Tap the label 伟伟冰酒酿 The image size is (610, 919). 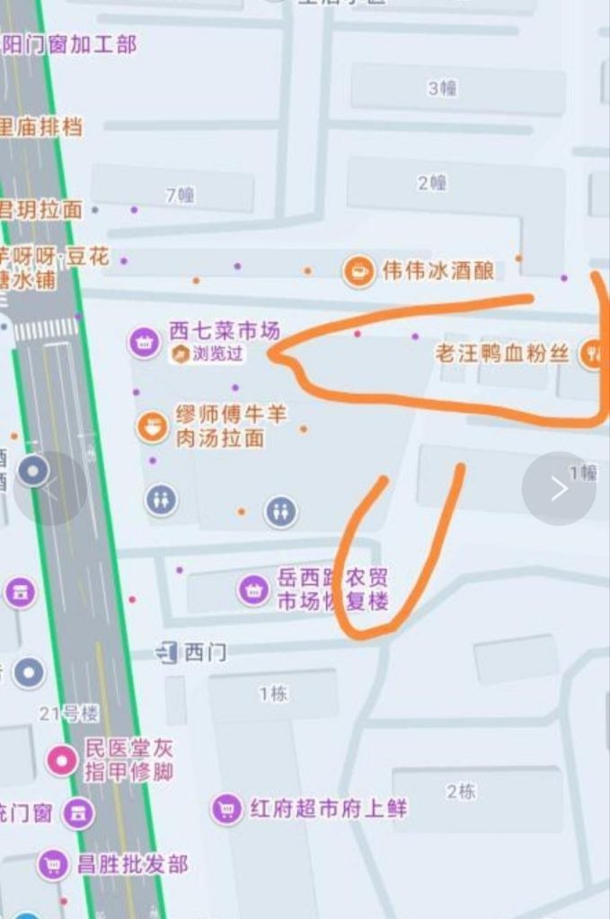[438, 270]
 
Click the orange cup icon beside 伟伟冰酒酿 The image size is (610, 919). [358, 270]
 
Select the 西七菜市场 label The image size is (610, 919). [225, 331]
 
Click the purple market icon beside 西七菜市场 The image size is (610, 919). [143, 340]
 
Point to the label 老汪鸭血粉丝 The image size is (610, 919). [502, 353]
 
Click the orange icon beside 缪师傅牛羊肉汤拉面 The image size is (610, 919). [152, 426]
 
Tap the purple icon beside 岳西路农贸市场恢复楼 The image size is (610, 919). [253, 590]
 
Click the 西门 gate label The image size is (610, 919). [205, 652]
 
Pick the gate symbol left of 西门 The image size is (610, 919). [167, 652]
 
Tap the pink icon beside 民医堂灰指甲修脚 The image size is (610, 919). [62, 760]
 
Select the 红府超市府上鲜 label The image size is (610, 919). [328, 809]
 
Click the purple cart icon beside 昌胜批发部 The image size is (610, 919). [54, 864]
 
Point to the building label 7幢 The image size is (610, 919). [180, 195]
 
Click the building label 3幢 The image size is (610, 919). [442, 88]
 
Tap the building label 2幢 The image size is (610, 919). [431, 183]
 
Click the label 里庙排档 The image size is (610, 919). [40, 127]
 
